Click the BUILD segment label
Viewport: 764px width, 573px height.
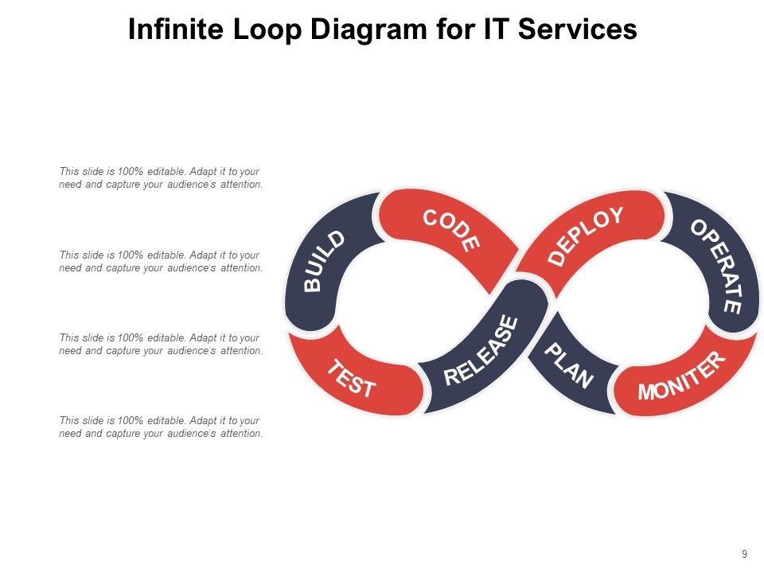(x=325, y=261)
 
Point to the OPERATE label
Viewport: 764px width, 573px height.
(x=716, y=266)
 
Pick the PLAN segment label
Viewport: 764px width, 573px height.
(x=569, y=366)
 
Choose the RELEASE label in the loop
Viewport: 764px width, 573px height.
(x=481, y=351)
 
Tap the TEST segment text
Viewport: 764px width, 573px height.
(x=352, y=379)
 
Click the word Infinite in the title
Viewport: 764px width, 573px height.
(x=176, y=29)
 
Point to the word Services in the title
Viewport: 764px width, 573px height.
(x=579, y=29)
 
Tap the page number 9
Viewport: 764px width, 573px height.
(x=744, y=554)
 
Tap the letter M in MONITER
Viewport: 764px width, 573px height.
(x=647, y=392)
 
